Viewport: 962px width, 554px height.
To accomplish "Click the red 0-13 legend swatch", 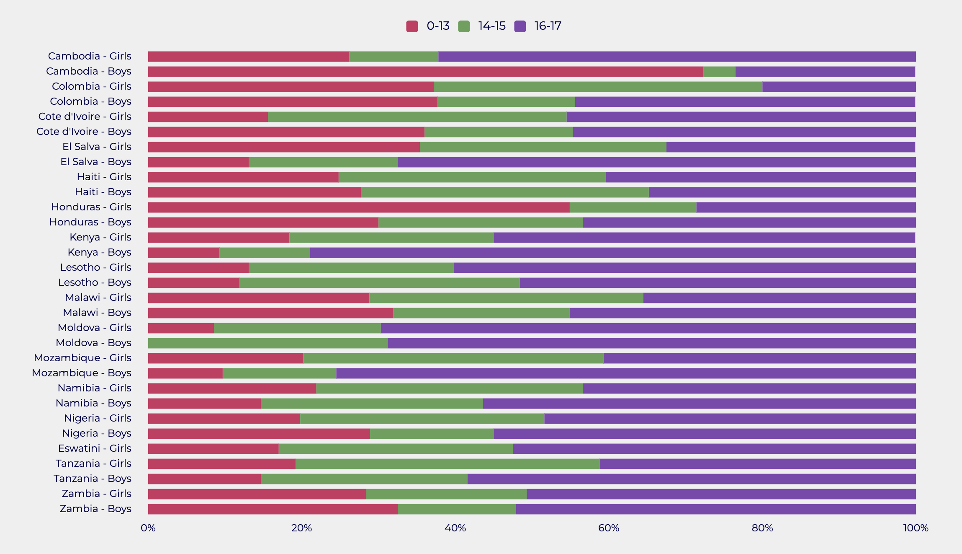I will [x=412, y=26].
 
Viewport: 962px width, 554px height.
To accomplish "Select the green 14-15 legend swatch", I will [x=464, y=26].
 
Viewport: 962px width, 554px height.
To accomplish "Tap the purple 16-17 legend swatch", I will [x=520, y=26].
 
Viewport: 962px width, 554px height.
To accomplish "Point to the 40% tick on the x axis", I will [x=455, y=528].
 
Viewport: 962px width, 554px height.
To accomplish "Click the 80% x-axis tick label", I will [x=762, y=528].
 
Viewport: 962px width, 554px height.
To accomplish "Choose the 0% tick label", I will [x=148, y=528].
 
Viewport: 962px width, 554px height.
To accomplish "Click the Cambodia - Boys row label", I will [x=89, y=71].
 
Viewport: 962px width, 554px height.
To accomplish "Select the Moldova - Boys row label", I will [x=93, y=343].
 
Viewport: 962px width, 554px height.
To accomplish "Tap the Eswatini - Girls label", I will [x=95, y=448].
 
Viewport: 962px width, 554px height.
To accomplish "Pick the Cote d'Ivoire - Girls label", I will [x=85, y=116].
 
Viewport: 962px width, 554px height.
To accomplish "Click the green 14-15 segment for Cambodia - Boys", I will [x=719, y=72].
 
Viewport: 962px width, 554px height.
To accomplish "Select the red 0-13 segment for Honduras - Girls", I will [x=359, y=207].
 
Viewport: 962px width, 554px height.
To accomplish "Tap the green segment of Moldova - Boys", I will [x=268, y=343].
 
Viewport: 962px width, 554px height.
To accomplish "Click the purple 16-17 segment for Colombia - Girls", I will [x=839, y=87].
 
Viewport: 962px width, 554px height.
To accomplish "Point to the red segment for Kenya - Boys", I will [x=184, y=253].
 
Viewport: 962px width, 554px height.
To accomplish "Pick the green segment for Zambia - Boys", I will [x=457, y=509].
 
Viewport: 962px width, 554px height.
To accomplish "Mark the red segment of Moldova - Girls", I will [x=181, y=328].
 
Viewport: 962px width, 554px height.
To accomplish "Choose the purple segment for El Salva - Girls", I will [x=790, y=147].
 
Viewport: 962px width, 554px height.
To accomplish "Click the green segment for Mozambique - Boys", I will [x=279, y=373].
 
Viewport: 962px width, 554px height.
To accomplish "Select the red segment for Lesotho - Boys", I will [x=194, y=283].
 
